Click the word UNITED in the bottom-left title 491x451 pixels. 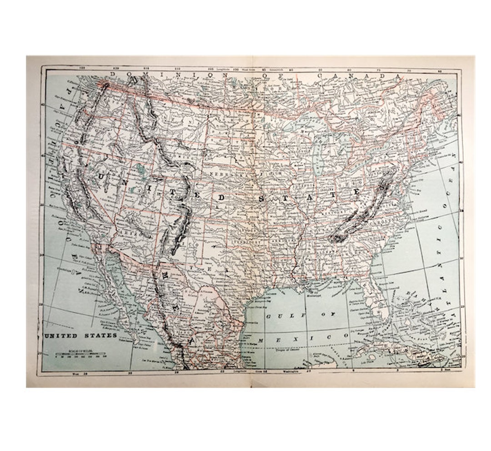(x=62, y=336)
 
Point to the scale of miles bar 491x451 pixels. (x=80, y=354)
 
